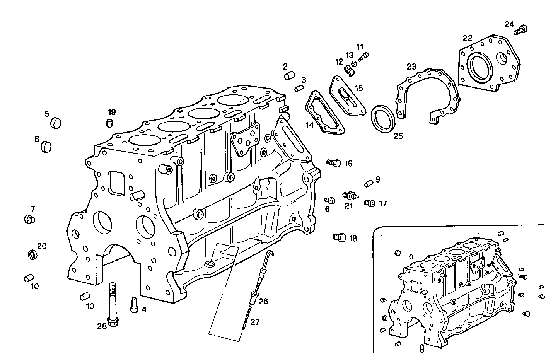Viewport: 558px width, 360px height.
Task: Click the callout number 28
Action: pyautogui.click(x=102, y=326)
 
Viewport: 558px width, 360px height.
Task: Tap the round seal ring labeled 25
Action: pyautogui.click(x=383, y=119)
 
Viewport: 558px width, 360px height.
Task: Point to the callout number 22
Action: pyautogui.click(x=468, y=38)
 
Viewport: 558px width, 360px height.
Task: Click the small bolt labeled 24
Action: pyautogui.click(x=521, y=29)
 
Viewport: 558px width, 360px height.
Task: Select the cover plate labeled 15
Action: pyautogui.click(x=347, y=97)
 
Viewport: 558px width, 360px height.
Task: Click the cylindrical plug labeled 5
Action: pyautogui.click(x=56, y=123)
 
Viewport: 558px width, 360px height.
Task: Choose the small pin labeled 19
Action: pyautogui.click(x=110, y=123)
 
